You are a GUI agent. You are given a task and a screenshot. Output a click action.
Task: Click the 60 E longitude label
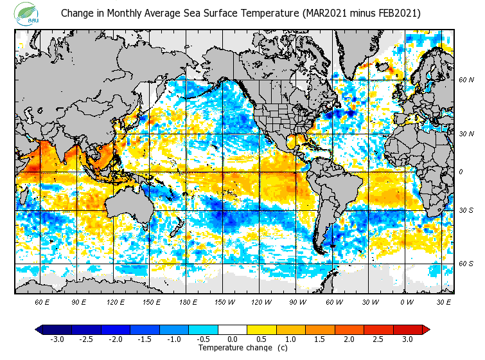(42, 301)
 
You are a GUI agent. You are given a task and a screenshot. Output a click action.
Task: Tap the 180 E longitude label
(187, 301)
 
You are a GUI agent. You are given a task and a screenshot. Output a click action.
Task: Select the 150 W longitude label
(224, 301)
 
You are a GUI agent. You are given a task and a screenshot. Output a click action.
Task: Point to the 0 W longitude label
(406, 301)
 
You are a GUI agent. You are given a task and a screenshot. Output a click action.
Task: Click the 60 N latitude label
(466, 80)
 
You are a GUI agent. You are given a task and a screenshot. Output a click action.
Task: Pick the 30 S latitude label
(466, 210)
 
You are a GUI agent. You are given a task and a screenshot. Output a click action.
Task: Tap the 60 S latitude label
(466, 264)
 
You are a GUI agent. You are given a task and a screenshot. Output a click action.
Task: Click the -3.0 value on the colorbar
(57, 339)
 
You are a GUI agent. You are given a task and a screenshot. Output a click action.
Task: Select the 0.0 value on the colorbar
(232, 339)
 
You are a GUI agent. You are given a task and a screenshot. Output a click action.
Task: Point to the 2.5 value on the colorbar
(378, 339)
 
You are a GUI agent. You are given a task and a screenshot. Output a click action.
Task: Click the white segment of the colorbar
(232, 329)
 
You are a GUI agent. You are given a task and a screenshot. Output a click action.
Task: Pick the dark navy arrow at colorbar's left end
(39, 329)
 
